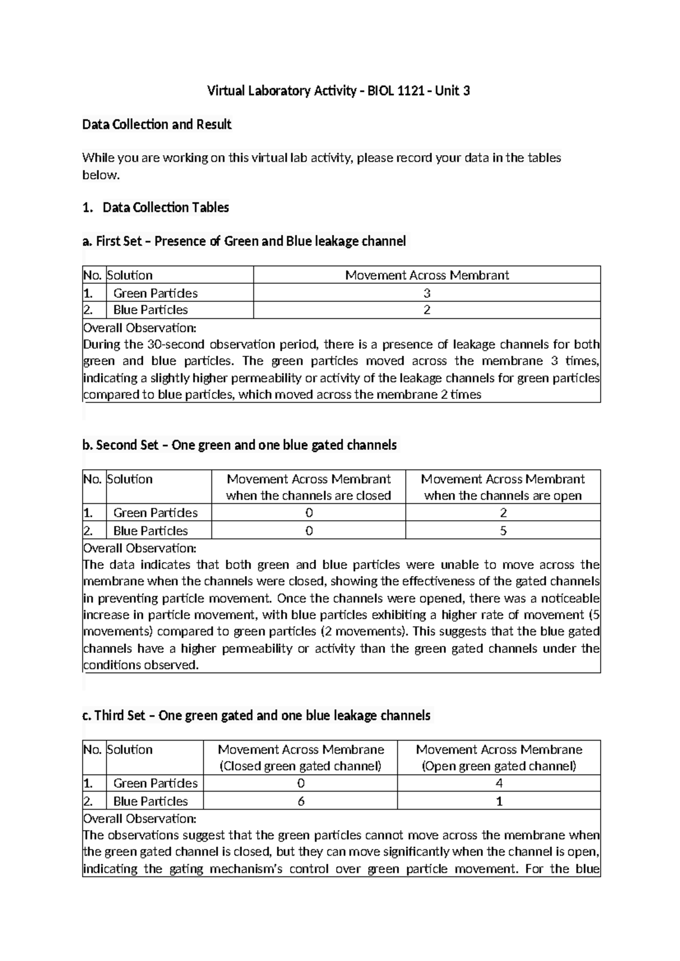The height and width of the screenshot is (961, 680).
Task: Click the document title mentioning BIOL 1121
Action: (338, 91)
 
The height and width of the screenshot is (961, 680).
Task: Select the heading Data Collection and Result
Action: (157, 124)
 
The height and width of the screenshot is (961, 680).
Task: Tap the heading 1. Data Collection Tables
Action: (155, 207)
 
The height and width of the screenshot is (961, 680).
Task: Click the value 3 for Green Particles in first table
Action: (427, 293)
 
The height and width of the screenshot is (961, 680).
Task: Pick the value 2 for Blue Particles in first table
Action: (427, 310)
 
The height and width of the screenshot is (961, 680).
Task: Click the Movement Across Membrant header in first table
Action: (427, 275)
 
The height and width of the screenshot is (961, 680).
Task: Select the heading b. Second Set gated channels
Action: (240, 445)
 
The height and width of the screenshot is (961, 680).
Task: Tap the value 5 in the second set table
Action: (503, 531)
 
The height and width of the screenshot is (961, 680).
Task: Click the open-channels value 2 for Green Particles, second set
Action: (503, 513)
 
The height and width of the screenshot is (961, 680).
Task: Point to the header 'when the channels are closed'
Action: (308, 496)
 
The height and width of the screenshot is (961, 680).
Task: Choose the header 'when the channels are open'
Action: (503, 496)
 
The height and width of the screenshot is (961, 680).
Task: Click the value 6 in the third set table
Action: (300, 801)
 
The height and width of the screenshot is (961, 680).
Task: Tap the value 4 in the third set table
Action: (499, 783)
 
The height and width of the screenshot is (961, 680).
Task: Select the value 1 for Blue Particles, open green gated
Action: (499, 801)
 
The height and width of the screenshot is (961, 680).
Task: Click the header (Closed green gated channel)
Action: (300, 766)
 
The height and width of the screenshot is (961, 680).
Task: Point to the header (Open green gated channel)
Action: (499, 766)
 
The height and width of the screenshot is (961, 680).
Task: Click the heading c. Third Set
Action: (257, 716)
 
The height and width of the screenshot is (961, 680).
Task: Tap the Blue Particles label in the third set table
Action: (150, 801)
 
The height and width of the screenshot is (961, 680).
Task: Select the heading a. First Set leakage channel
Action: (244, 241)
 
